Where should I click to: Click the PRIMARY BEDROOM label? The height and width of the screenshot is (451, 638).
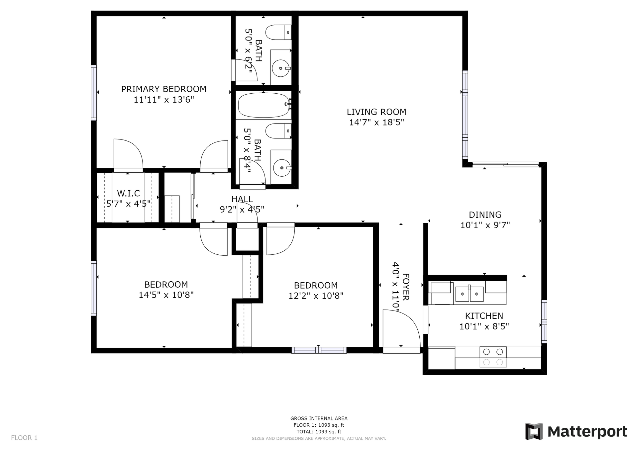(x=163, y=89)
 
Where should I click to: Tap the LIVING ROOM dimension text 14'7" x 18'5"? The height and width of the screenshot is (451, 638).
(x=376, y=123)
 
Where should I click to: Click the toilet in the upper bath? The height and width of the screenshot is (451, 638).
(x=278, y=32)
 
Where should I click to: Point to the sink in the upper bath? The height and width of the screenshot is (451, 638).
(x=281, y=68)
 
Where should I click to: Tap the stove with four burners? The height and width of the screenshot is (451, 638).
(x=493, y=357)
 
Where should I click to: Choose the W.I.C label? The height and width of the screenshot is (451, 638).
(x=128, y=193)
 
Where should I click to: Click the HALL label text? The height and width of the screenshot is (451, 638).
(x=242, y=199)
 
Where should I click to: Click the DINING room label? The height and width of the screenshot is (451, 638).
(x=485, y=215)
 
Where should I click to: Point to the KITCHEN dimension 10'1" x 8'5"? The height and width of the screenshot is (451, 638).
(x=484, y=326)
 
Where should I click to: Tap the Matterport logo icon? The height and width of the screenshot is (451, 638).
(x=534, y=431)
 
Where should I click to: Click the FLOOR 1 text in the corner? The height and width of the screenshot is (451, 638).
(x=24, y=438)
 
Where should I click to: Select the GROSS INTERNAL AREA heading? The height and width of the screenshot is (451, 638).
(x=319, y=418)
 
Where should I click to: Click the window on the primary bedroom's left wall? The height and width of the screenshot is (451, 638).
(x=94, y=93)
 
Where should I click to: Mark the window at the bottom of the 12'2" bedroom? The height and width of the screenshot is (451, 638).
(x=319, y=350)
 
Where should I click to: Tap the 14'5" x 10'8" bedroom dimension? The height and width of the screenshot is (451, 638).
(x=166, y=295)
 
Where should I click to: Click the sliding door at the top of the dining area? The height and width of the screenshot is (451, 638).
(x=505, y=164)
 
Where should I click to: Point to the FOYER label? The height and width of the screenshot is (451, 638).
(x=406, y=287)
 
